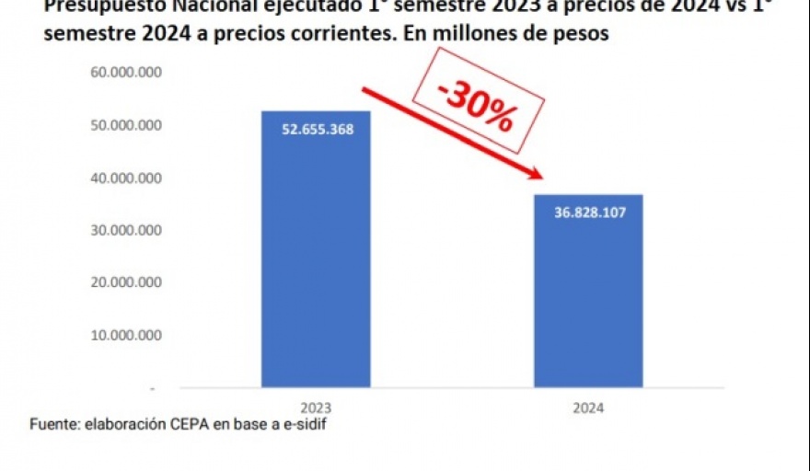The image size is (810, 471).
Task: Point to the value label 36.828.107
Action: pyautogui.click(x=589, y=213)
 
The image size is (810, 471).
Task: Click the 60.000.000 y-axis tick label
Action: pyautogui.click(x=127, y=73)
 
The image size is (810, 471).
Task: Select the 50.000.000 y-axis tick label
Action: pyautogui.click(x=127, y=125)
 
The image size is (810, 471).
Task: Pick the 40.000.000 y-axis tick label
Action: pyautogui.click(x=127, y=178)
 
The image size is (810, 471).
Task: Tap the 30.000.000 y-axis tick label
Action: pyautogui.click(x=127, y=230)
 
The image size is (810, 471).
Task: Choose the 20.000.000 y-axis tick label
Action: pyautogui.click(x=127, y=282)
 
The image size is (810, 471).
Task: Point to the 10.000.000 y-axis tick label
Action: pyautogui.click(x=127, y=335)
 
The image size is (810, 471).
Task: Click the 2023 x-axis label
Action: pyautogui.click(x=316, y=406)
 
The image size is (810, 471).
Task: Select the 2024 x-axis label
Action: pyautogui.click(x=588, y=406)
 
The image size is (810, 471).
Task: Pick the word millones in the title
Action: pyautogui.click(x=477, y=35)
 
